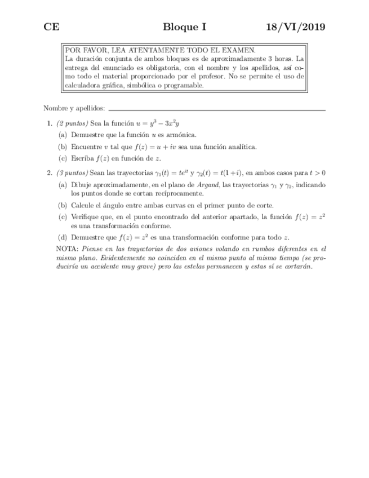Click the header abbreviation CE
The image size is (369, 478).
[x=51, y=27]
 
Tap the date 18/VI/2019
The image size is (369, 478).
[x=297, y=27]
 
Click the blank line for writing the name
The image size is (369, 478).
[x=217, y=109]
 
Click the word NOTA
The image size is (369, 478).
[x=68, y=248]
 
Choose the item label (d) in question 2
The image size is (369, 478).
[x=63, y=237]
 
